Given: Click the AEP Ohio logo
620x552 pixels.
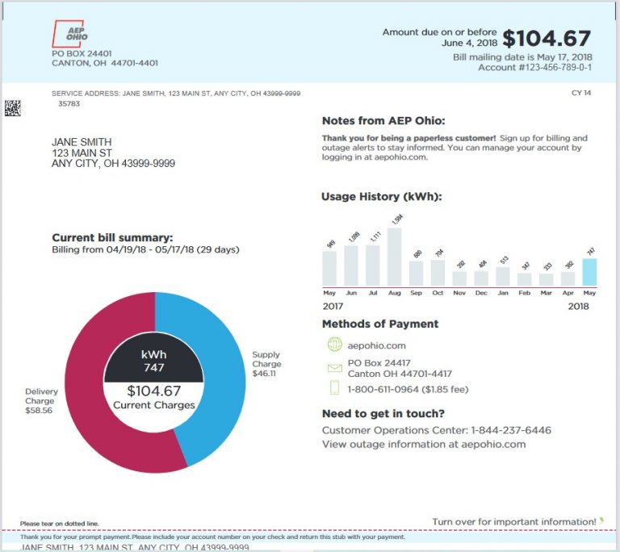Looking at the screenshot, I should [70, 33].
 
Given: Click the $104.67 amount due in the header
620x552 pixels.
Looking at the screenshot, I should [547, 39].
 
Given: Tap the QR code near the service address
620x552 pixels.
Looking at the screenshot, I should [12, 107].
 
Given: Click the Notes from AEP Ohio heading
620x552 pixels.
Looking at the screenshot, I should [382, 121].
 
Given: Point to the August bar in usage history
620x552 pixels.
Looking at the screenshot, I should [394, 257].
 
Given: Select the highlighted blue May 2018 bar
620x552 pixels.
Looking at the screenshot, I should [589, 272].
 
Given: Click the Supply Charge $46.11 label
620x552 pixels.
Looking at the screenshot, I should [266, 364].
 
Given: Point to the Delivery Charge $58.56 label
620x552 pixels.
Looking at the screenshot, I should [40, 401].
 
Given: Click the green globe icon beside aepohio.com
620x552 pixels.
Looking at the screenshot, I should [335, 345].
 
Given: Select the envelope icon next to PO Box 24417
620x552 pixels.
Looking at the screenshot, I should [335, 368].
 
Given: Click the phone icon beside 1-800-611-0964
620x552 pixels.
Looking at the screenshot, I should [335, 389].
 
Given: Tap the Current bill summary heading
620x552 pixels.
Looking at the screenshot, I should [112, 237].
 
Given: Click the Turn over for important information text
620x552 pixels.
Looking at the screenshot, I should [514, 522].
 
